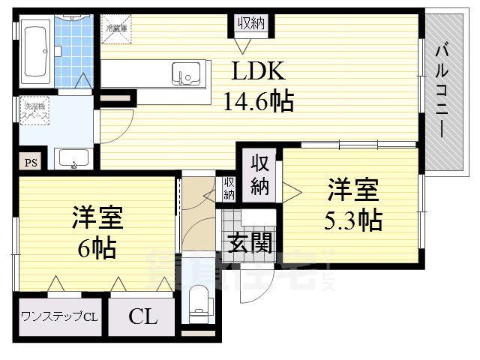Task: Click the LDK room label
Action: pyautogui.click(x=258, y=71)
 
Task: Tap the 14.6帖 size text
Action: pyautogui.click(x=258, y=100)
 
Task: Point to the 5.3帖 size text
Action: pyautogui.click(x=353, y=220)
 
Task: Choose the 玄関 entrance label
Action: pyautogui.click(x=246, y=243)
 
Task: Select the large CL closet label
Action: pyautogui.click(x=142, y=316)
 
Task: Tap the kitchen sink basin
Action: pyautogui.click(x=184, y=73)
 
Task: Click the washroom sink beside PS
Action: pyautogui.click(x=73, y=159)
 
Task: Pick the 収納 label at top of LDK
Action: pyautogui.click(x=250, y=24)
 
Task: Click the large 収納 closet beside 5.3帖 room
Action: pyautogui.click(x=259, y=175)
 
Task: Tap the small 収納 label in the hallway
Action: pyautogui.click(x=228, y=187)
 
